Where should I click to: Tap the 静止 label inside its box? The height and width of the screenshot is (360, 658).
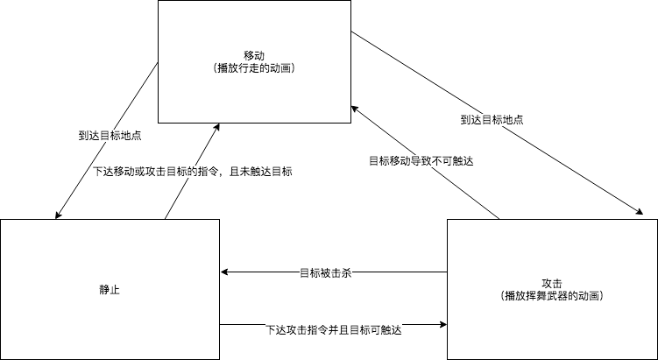point(109,288)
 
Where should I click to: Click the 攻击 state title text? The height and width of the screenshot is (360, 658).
point(552,283)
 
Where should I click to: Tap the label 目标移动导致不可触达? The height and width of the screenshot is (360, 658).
point(421,162)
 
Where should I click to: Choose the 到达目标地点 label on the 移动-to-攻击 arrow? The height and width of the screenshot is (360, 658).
point(492,119)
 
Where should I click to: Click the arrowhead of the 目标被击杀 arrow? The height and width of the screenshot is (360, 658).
point(224,272)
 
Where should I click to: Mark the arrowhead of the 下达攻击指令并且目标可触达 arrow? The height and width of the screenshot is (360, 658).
point(442,325)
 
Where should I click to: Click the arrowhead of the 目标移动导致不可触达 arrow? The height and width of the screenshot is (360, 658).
point(353,107)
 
